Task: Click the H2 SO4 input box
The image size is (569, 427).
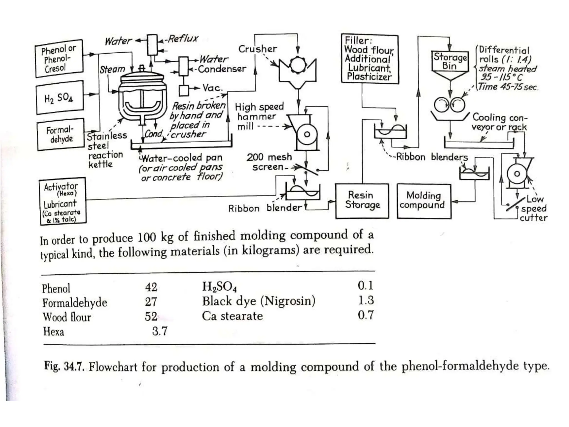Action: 60,97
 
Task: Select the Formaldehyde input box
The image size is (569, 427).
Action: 61,134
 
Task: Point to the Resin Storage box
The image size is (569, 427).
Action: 362,201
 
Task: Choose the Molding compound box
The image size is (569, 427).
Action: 424,201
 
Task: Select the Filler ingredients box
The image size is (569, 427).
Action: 370,59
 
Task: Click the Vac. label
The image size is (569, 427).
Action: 213,88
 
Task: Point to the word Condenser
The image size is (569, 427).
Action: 222,69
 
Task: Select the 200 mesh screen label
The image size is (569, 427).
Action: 269,162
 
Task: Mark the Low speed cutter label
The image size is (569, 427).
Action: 533,208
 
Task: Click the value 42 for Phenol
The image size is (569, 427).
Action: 151,287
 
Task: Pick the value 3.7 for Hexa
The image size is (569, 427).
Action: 160,331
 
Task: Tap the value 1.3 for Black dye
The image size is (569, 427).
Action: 366,300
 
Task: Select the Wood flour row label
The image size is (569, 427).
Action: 67,317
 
